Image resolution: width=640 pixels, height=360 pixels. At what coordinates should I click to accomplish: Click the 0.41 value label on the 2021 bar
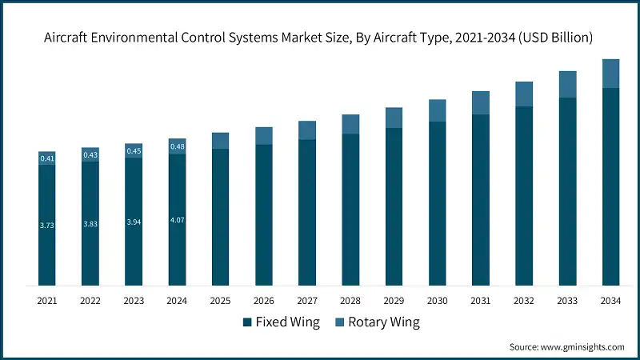[x=47, y=158]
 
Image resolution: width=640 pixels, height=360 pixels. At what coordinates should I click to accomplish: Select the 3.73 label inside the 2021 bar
[x=47, y=226]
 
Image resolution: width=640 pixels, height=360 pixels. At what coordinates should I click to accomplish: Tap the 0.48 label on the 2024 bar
[x=177, y=146]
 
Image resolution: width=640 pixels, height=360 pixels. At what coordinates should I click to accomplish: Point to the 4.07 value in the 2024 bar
[x=177, y=220]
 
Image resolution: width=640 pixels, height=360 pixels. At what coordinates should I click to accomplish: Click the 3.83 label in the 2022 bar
[x=90, y=224]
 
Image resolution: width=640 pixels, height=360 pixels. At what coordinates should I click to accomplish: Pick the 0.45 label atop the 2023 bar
[x=134, y=151]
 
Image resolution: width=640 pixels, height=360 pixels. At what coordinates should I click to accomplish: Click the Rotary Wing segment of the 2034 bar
[x=610, y=74]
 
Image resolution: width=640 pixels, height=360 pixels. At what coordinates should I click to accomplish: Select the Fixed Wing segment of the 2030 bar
[x=437, y=204]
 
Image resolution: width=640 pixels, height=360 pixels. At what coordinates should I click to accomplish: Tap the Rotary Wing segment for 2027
[x=307, y=130]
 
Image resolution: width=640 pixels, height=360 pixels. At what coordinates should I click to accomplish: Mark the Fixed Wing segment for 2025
[x=221, y=217]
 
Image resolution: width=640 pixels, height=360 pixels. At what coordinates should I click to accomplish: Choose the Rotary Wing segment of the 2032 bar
[x=524, y=94]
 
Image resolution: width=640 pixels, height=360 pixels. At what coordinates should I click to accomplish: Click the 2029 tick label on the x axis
[x=394, y=301]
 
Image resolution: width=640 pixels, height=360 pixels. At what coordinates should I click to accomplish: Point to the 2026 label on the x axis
[x=264, y=301]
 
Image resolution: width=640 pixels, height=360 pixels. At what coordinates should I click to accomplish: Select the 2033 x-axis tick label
[x=567, y=301]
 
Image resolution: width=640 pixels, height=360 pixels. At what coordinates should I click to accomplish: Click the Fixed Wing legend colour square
[x=247, y=322]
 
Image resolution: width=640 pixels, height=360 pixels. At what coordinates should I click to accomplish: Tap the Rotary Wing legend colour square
[x=339, y=322]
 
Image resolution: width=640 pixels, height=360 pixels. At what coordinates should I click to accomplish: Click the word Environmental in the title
[x=134, y=38]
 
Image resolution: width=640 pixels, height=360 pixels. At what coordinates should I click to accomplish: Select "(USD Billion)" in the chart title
[x=555, y=38]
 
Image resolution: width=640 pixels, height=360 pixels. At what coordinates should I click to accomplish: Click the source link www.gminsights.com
[x=582, y=347]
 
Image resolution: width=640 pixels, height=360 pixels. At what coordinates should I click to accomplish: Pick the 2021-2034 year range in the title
[x=485, y=38]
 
